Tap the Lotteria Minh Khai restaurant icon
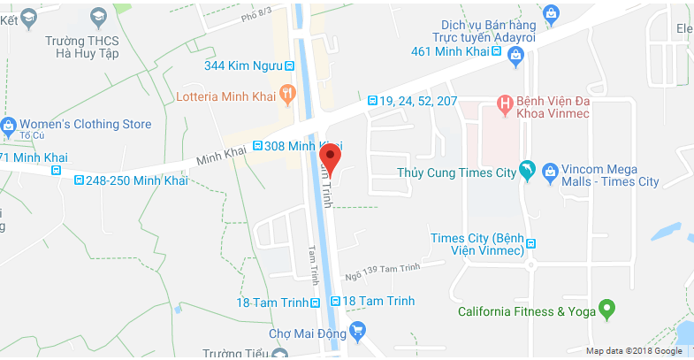click(286, 93)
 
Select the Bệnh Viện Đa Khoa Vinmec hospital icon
click(505, 104)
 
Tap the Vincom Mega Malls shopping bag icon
click(551, 168)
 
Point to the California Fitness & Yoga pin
click(606, 310)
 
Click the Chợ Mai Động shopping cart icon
click(357, 332)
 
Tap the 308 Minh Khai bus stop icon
click(257, 146)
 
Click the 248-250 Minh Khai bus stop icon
click(81, 180)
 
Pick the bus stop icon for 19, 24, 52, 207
click(372, 101)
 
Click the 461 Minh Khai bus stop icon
click(496, 50)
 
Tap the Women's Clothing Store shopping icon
click(9, 125)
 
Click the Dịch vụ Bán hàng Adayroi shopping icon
click(552, 12)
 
